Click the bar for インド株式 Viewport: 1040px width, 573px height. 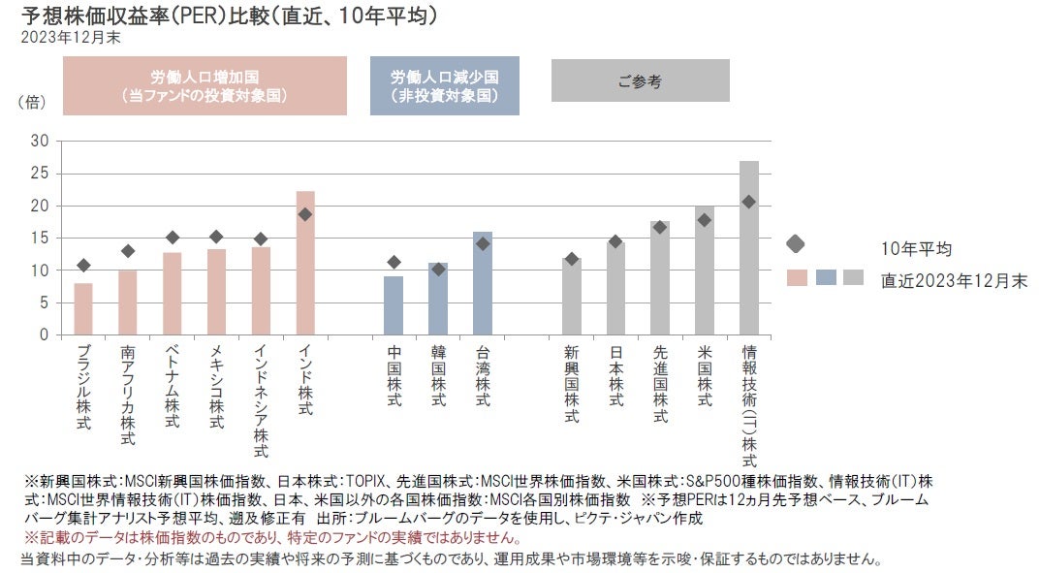[305, 263]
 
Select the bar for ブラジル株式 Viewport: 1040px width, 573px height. [83, 308]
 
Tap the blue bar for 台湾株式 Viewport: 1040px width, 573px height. [483, 283]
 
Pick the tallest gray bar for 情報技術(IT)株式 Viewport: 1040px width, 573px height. [748, 247]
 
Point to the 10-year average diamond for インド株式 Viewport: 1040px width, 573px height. [305, 214]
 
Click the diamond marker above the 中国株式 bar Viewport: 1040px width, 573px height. [394, 262]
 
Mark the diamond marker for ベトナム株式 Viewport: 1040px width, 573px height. [173, 238]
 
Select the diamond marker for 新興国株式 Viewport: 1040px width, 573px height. [572, 259]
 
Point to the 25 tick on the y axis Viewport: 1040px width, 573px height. [40, 173]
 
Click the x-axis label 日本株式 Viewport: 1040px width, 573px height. [615, 373]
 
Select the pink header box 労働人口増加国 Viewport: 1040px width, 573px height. [205, 85]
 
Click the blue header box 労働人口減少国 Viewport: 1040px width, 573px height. [445, 85]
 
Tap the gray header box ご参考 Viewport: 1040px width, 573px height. [640, 81]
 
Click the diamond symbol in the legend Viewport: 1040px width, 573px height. [796, 243]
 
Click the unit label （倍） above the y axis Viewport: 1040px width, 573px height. [33, 101]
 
